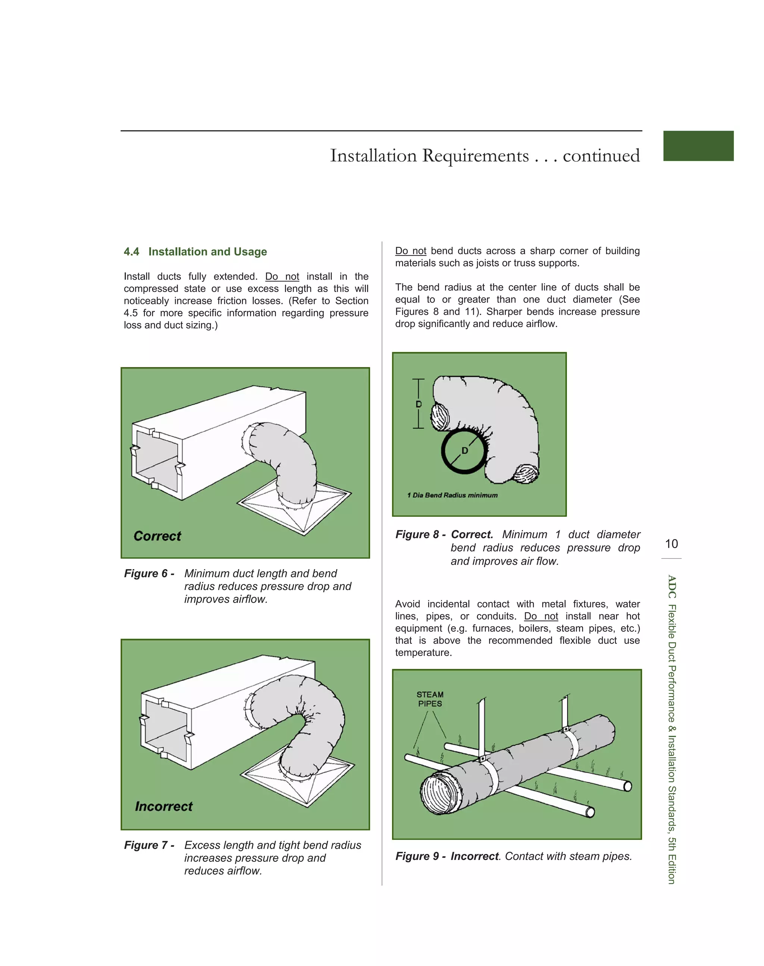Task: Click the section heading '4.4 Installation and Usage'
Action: click(195, 252)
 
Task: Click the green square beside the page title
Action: click(698, 146)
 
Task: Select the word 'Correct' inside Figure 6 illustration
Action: click(157, 536)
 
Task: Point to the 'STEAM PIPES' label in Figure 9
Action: click(430, 699)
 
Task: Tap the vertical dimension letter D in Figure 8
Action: click(419, 404)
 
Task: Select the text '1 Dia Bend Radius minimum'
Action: click(452, 495)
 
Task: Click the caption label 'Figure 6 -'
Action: click(149, 574)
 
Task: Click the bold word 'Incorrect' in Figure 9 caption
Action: click(474, 856)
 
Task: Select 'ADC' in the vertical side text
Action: click(671, 586)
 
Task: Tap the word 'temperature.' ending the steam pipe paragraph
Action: click(423, 653)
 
